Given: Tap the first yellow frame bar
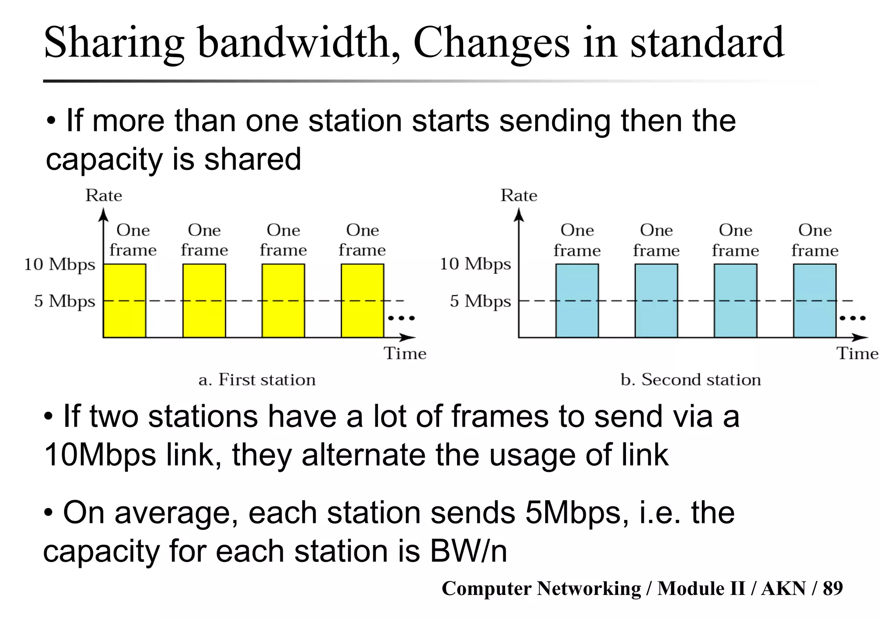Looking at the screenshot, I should pyautogui.click(x=124, y=301).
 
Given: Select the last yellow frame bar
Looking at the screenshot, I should pyautogui.click(x=362, y=301).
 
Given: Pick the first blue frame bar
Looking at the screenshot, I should pyautogui.click(x=577, y=301).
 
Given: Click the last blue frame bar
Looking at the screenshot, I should pyautogui.click(x=815, y=301).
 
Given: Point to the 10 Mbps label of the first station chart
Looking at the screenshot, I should pyautogui.click(x=60, y=265).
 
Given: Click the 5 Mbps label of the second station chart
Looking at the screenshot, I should pyautogui.click(x=480, y=301).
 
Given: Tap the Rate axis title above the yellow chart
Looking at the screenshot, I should pyautogui.click(x=104, y=196).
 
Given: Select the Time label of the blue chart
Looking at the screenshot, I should pyautogui.click(x=857, y=354).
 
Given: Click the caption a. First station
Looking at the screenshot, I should pyautogui.click(x=257, y=380).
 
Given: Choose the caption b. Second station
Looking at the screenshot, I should pyautogui.click(x=691, y=380).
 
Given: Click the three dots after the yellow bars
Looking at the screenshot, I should pyautogui.click(x=402, y=318).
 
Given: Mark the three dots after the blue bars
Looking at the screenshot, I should pyautogui.click(x=853, y=318).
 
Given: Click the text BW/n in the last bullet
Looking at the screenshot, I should pyautogui.click(x=468, y=551).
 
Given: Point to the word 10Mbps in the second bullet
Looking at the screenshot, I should pyautogui.click(x=100, y=455).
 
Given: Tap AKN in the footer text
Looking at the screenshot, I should pyautogui.click(x=784, y=588).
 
